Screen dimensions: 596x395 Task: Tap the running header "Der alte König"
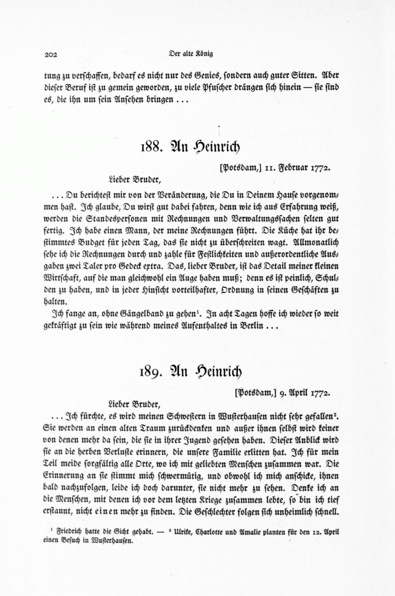[x=190, y=54]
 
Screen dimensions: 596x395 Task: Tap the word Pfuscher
[x=207, y=86]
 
